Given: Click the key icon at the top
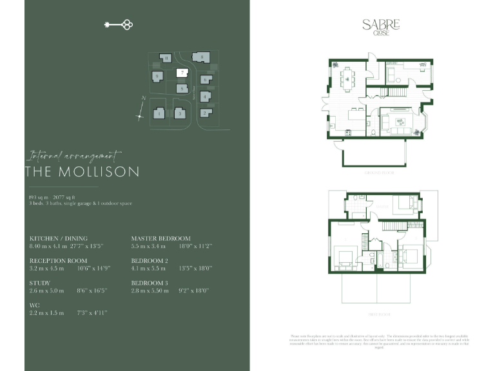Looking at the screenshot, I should click(x=118, y=25).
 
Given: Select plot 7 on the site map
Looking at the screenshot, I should click(x=182, y=73).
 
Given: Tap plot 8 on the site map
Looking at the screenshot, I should click(x=202, y=57).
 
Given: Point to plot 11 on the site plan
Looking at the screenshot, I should click(x=166, y=58).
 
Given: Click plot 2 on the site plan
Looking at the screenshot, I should click(x=204, y=113).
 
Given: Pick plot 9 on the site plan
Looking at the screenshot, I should click(x=157, y=76).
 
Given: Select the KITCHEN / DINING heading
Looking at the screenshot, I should click(x=58, y=238).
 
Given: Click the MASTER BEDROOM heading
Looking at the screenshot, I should click(x=160, y=238).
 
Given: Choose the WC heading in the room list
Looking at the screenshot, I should click(x=34, y=305).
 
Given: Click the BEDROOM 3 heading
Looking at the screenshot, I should click(x=150, y=283).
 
